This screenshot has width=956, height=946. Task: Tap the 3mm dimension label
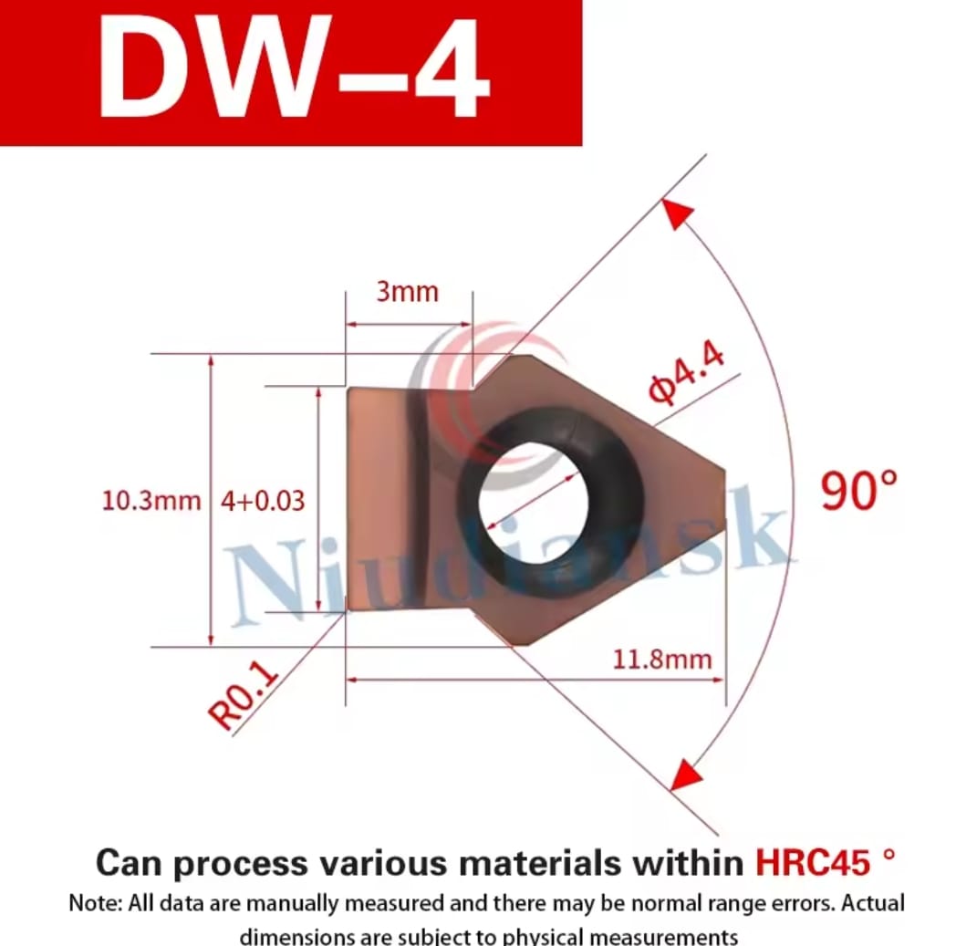point(407,292)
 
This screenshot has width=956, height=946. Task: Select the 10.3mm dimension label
point(151,501)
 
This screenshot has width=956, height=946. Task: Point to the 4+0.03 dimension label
point(262,501)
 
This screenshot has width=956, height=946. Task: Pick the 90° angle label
point(858,490)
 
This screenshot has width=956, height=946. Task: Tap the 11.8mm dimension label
point(661,660)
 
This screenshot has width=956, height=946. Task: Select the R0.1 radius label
point(244,695)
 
